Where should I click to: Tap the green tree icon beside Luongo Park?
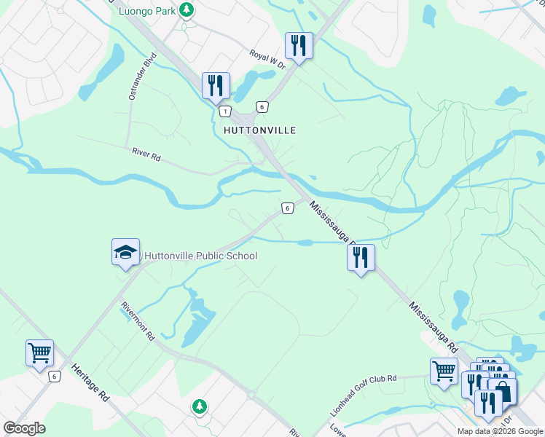coord(187,9)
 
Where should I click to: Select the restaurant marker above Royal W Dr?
coord(299,45)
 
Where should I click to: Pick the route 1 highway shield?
coord(225,111)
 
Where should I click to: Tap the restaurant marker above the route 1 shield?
coord(216,85)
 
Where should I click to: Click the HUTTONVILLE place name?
coord(259,130)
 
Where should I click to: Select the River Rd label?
coord(146,154)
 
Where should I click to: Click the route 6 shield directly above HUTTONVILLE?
coord(262,106)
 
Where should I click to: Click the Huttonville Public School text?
coord(200,256)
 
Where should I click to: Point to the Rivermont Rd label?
coord(138,322)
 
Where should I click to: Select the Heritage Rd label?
coord(90,383)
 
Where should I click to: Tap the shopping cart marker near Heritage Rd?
coord(40,353)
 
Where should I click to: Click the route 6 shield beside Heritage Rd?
coord(55,377)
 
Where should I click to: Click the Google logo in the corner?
coord(24,428)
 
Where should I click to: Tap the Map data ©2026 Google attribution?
coord(500,431)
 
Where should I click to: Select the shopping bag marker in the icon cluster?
coord(502,390)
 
